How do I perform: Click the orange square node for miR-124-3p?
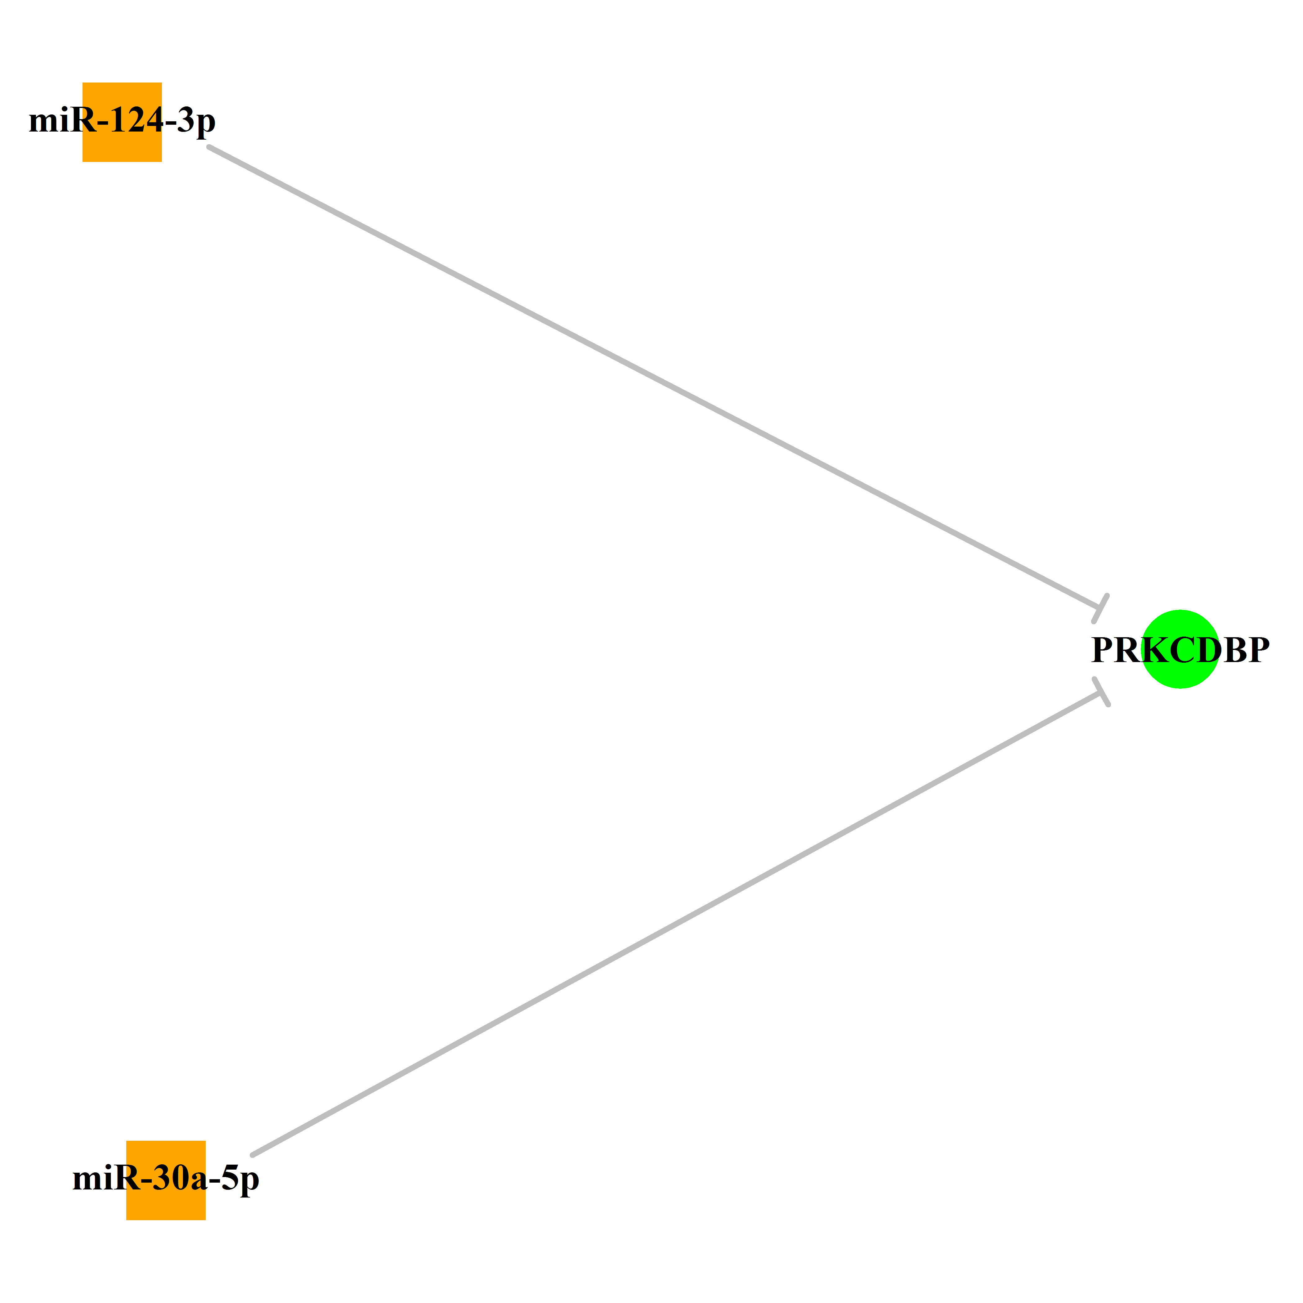tap(122, 122)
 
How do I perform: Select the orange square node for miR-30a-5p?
tap(166, 1180)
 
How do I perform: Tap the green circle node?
tap(1180, 649)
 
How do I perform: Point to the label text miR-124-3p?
tap(122, 121)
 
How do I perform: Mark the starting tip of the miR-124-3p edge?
tap(209, 146)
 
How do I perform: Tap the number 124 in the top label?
tap(136, 120)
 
